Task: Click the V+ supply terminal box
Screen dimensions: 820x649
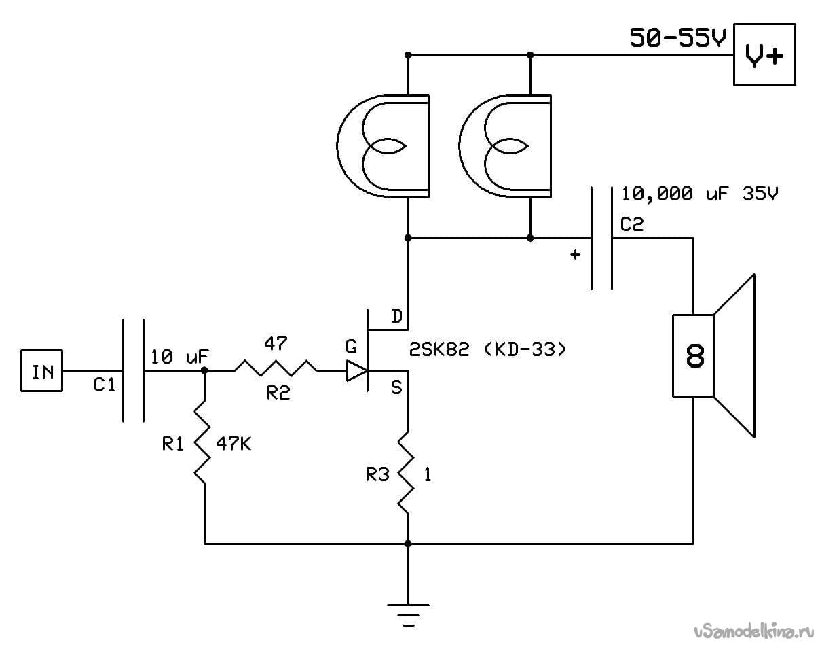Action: click(764, 54)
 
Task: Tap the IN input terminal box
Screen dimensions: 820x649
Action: click(41, 370)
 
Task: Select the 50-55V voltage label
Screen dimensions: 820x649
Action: click(678, 38)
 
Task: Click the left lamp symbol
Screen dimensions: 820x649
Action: click(383, 146)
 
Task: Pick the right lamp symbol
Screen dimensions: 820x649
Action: click(505, 146)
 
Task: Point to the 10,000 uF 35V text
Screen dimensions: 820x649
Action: click(700, 194)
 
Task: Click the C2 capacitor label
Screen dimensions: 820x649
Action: click(632, 224)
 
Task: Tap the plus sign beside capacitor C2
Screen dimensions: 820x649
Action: click(575, 254)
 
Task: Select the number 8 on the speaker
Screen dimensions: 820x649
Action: click(695, 356)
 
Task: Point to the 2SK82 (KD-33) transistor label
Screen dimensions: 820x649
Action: click(487, 349)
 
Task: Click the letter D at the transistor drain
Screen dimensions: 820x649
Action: click(397, 316)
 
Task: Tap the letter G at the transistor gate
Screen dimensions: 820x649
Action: click(352, 347)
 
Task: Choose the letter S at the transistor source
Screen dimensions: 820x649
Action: click(396, 388)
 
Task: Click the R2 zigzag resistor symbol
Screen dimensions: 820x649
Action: click(276, 368)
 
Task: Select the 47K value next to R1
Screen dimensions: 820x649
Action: click(234, 444)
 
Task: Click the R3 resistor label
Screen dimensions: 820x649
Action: click(377, 474)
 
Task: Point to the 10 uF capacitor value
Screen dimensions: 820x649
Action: click(179, 357)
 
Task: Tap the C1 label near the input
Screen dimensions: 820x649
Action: click(104, 385)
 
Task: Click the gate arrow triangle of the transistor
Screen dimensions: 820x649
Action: click(356, 370)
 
